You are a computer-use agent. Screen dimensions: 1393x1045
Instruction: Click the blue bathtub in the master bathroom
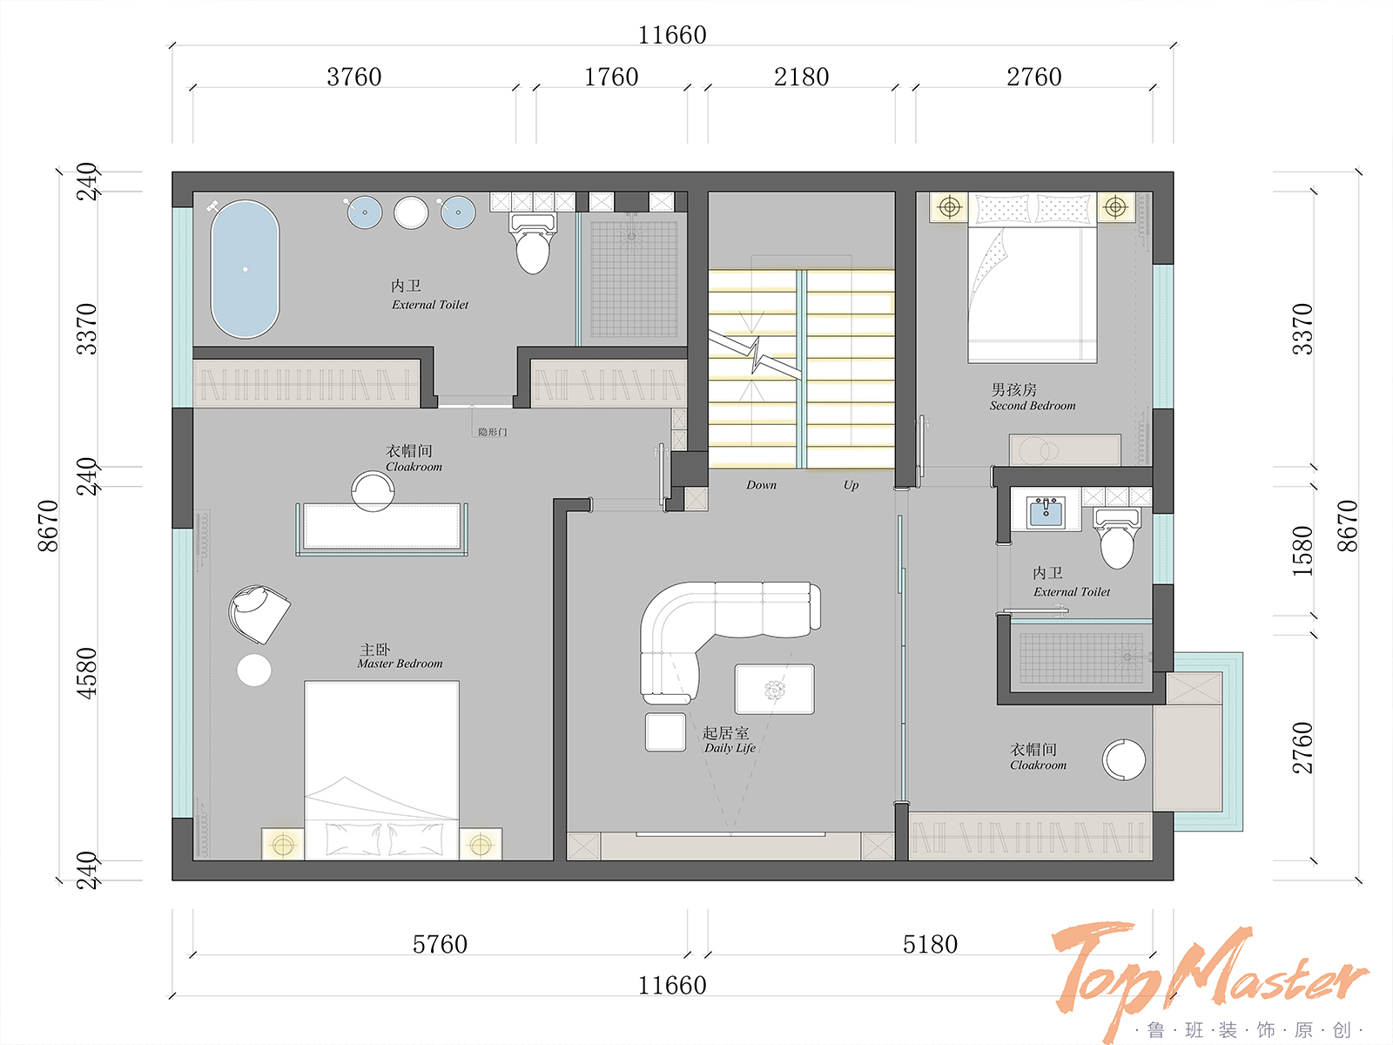(x=245, y=269)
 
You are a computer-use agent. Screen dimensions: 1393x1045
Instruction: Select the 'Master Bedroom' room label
(x=400, y=664)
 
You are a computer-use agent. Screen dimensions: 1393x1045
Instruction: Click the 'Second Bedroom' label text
(x=1033, y=406)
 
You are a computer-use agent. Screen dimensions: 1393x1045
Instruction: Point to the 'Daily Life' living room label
(x=730, y=748)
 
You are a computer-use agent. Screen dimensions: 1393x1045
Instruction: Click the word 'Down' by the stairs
(x=761, y=485)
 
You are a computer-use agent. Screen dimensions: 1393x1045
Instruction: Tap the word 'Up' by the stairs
(x=851, y=485)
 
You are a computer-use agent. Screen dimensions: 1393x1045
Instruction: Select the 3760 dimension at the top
(x=354, y=77)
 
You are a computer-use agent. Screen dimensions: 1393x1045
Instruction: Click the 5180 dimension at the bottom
(x=930, y=944)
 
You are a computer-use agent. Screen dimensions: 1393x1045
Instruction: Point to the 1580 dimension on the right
(x=1302, y=550)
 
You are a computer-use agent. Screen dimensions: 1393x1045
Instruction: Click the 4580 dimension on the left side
(x=86, y=673)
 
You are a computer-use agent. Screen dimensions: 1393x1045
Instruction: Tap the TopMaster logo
(x=1209, y=977)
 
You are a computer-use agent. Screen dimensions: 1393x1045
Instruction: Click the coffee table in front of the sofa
(x=774, y=689)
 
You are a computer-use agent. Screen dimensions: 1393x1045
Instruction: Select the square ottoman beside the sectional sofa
(x=665, y=732)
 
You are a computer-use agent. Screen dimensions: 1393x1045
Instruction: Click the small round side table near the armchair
(x=254, y=670)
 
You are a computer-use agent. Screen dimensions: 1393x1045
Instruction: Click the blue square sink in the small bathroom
(x=1046, y=512)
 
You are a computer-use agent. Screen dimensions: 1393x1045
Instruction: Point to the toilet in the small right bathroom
(x=1117, y=539)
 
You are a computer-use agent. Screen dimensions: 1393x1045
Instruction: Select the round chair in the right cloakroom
(x=1124, y=759)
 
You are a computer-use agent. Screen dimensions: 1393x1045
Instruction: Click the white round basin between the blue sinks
(x=411, y=212)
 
